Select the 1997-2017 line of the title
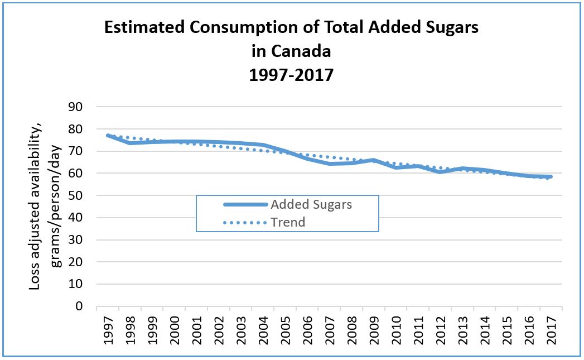click(292, 75)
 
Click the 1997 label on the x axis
click(108, 330)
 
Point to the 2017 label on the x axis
click(551, 330)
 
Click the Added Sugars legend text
click(311, 204)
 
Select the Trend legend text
click(288, 222)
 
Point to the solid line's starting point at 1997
click(108, 135)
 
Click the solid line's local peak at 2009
click(373, 160)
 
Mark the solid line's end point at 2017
click(551, 177)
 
